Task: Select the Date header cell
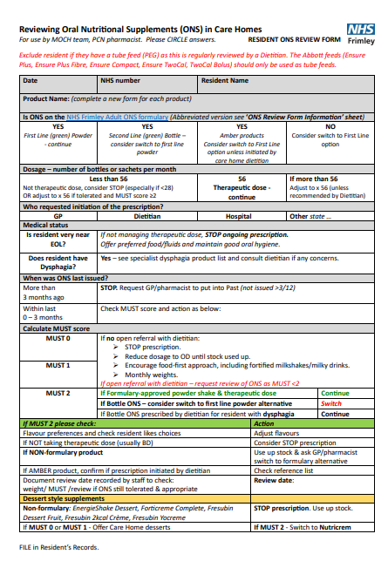30,81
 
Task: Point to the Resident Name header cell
225,81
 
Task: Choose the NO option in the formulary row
330,125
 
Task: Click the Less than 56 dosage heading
110,178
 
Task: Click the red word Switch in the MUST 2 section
332,403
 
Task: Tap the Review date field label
274,480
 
